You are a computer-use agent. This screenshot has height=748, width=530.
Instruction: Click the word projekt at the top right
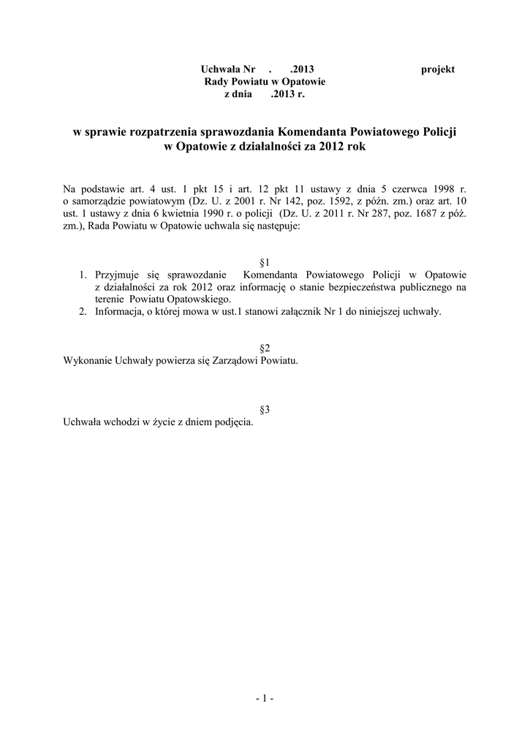point(438,69)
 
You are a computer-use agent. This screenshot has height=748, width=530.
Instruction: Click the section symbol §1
point(265,262)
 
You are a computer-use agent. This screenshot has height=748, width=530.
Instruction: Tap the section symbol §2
point(265,347)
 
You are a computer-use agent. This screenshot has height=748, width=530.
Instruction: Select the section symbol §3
point(265,410)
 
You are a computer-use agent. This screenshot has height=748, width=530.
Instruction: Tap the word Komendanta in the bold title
point(312,132)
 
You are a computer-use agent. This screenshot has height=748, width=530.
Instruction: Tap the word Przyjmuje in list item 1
point(117,275)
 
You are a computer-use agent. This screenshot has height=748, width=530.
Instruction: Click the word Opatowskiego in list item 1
point(199,299)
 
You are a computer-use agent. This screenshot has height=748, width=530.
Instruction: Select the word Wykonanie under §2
point(86,361)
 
